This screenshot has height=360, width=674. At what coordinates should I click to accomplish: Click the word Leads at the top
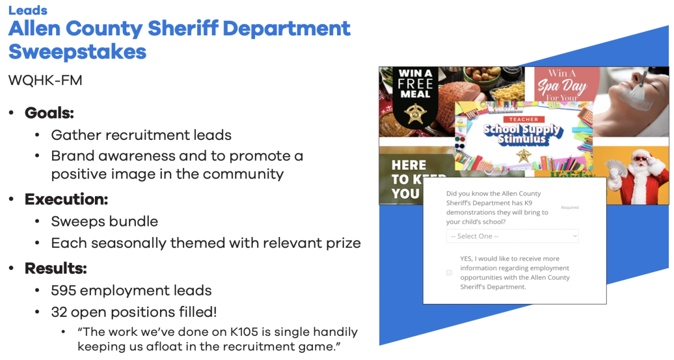pos(28,10)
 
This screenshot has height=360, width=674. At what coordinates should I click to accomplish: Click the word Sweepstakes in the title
pos(78,52)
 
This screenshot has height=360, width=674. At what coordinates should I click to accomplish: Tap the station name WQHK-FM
pos(45,80)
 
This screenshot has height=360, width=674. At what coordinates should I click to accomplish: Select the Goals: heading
pos(49,113)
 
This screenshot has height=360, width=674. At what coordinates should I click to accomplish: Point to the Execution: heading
pos(66,199)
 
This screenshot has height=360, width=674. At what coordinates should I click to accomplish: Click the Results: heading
pos(56,268)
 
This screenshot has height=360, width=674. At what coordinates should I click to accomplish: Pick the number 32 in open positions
pos(59,312)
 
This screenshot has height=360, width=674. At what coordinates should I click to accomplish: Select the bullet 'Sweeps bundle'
pos(104,221)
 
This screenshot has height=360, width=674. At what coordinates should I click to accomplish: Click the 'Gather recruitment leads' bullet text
pos(141,135)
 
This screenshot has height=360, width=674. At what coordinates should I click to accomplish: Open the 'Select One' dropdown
pos(512,236)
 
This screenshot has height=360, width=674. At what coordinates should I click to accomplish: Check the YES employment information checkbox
pos(449,272)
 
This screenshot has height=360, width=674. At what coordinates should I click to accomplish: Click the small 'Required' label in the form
pos(570,208)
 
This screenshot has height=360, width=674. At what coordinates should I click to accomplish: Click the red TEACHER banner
pos(523,120)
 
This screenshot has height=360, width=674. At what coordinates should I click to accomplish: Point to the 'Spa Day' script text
pos(562,87)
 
